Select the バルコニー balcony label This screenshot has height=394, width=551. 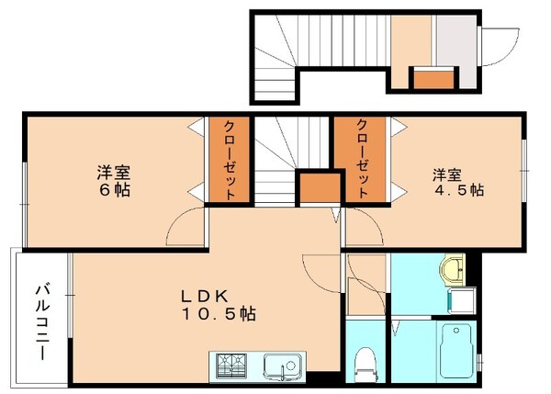[42, 321]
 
